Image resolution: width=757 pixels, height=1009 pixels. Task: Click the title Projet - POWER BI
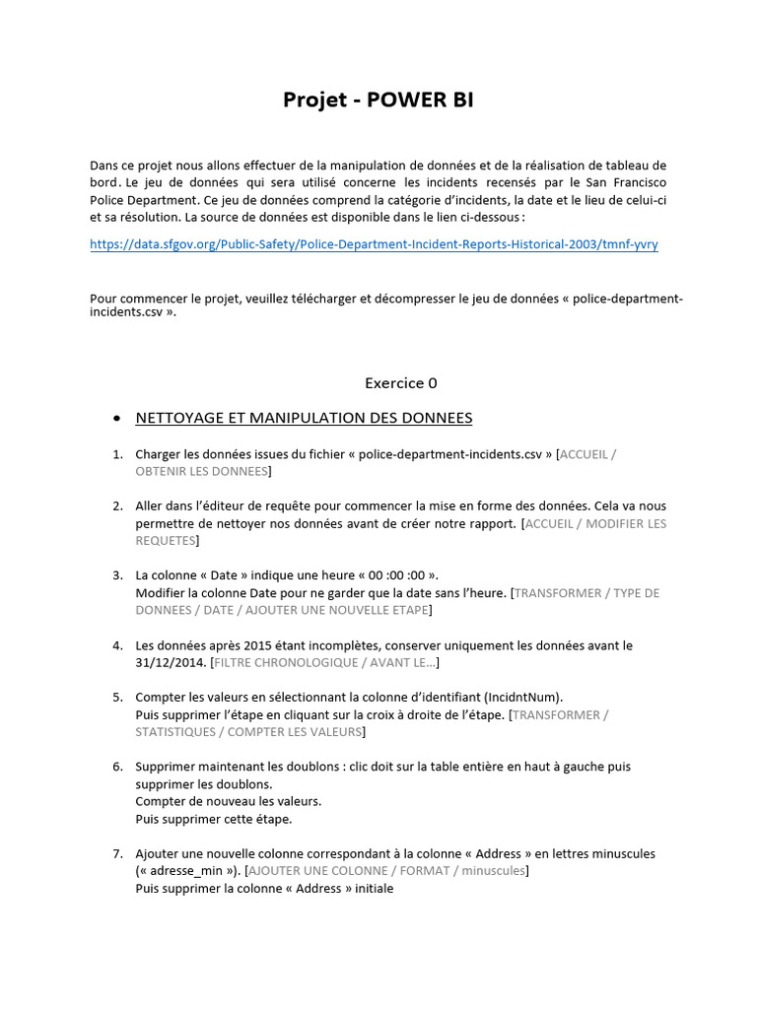click(x=378, y=100)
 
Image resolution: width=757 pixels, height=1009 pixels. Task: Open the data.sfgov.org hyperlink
click(x=374, y=244)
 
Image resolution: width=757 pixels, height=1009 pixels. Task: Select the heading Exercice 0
click(x=400, y=382)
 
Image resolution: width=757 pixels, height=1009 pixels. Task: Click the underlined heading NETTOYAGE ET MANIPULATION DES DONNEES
click(x=304, y=418)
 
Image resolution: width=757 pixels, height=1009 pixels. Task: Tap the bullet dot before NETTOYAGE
click(x=117, y=419)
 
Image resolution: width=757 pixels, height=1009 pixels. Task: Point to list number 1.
click(x=116, y=454)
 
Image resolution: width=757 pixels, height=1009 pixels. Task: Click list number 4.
click(x=116, y=645)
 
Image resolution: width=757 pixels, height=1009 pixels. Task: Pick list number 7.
click(x=116, y=853)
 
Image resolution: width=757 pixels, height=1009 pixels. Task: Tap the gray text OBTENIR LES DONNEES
click(x=201, y=472)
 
